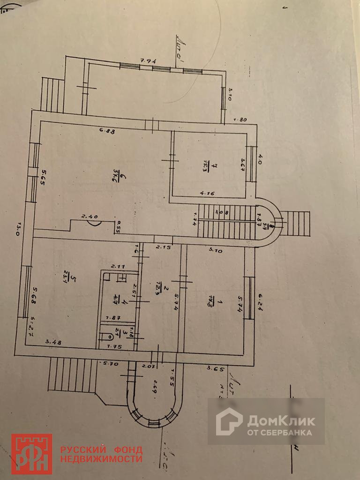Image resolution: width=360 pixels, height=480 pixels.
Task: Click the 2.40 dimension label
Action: (x=89, y=217)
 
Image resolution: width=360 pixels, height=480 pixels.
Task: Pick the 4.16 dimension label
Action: (x=208, y=192)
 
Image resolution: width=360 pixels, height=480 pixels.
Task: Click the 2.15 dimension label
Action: (x=163, y=247)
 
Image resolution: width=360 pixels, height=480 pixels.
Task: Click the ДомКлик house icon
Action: (x=229, y=421)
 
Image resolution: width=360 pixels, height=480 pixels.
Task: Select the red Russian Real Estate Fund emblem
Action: (x=32, y=454)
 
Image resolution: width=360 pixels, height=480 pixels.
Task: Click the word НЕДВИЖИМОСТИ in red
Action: (x=101, y=458)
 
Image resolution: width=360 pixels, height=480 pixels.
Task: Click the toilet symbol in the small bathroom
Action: (x=107, y=335)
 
